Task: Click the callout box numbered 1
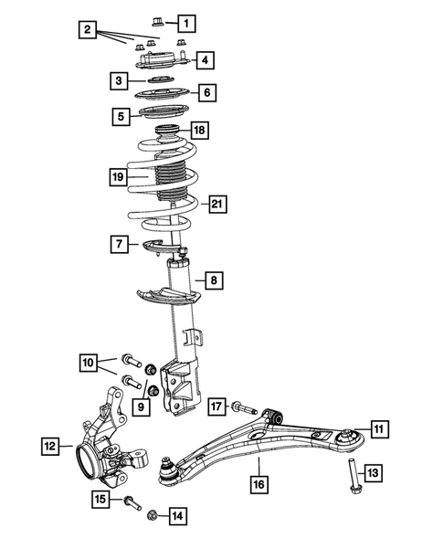185,21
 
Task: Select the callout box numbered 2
86,31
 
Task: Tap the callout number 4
205,60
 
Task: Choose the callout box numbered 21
216,203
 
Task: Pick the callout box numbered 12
51,446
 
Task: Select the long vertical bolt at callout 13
351,476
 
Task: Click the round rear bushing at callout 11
348,440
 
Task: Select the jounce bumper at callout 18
168,132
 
